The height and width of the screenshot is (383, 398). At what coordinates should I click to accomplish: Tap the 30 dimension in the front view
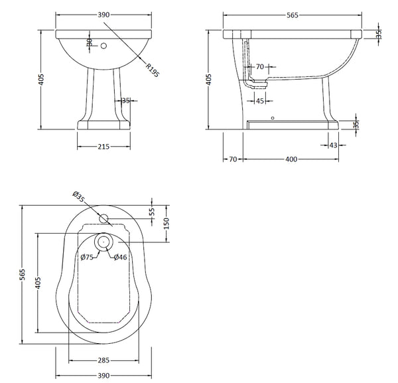pos(89,43)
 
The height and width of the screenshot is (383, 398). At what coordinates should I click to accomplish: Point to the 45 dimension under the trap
pos(260,101)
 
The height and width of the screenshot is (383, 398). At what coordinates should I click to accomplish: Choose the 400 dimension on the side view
pos(292,159)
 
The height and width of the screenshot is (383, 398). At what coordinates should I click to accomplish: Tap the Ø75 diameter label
pos(86,257)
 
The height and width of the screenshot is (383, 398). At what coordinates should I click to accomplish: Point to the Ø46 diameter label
pos(120,257)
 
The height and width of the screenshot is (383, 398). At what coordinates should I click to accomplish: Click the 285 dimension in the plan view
pos(101,360)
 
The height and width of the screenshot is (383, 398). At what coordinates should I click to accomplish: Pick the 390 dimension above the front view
pos(100,14)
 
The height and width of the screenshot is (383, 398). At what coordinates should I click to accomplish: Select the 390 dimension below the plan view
pos(101,375)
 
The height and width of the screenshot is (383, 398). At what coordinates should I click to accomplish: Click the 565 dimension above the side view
pos(292,14)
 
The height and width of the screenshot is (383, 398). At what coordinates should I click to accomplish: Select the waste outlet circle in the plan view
pos(103,243)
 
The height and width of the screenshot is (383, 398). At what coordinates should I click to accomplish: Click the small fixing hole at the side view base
pos(272,119)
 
